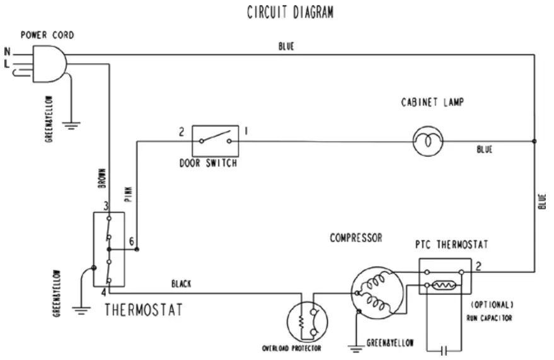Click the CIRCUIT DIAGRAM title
290,13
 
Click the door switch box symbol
215,140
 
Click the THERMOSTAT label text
143,310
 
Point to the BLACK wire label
182,284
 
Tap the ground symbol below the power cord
72,127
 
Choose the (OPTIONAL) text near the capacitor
492,305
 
